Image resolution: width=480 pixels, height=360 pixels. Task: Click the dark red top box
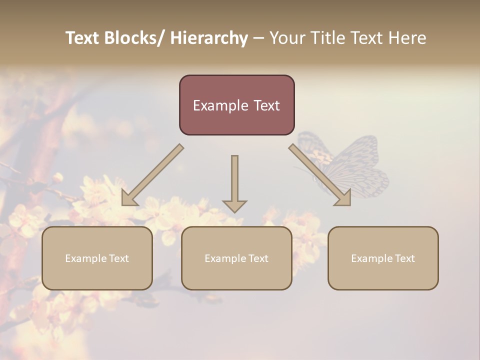pos(236,105)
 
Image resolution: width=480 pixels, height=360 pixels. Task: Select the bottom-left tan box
pos(97,258)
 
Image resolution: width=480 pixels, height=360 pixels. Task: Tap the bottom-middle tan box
pos(236,258)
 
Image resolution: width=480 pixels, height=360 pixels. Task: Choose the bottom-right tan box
pos(383,258)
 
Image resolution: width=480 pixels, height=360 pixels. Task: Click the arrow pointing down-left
pos(152,175)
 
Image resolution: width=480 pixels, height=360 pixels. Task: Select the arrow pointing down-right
pos(320,175)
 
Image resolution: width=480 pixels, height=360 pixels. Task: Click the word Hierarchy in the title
pos(209,38)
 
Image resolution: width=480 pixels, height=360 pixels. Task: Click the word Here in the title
pos(406,38)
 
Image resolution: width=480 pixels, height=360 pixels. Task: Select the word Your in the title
pos(286,38)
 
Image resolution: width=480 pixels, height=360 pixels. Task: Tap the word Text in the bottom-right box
pos(404,258)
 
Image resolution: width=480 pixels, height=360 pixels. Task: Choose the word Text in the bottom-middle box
pos(257,258)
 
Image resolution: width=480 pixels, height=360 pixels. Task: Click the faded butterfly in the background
pos(350,165)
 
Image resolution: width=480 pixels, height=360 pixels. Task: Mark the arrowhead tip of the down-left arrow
pos(123,204)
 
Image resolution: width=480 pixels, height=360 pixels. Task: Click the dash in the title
pos(258,38)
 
